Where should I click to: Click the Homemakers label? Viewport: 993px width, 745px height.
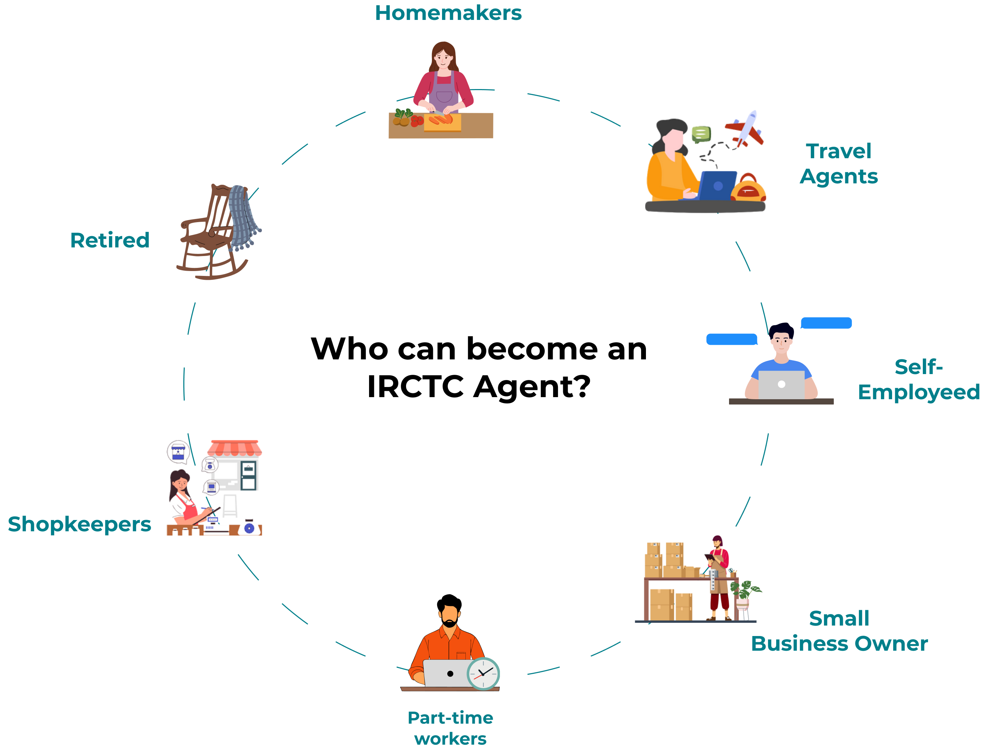448,13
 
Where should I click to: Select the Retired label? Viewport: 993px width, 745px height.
110,241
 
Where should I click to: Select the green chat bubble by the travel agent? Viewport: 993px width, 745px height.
700,133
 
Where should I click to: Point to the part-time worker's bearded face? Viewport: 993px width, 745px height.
449,616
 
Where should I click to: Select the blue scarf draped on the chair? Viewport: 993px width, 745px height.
242,216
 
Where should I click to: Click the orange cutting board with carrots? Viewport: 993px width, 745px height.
442,122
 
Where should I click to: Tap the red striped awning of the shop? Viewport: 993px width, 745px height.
235,448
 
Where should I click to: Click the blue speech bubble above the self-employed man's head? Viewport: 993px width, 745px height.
826,323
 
